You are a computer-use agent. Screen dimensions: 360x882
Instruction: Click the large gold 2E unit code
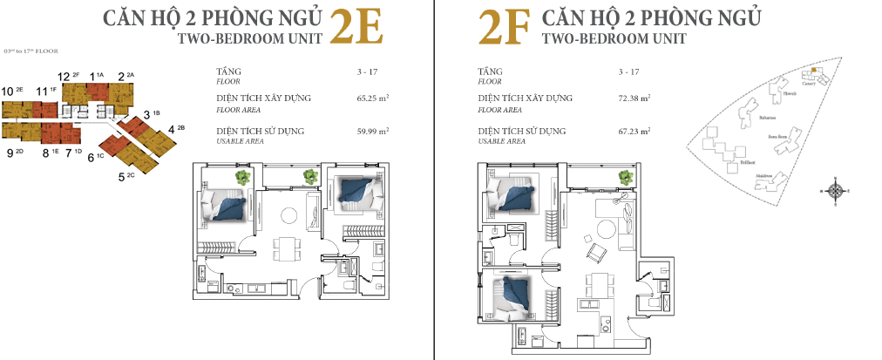357,28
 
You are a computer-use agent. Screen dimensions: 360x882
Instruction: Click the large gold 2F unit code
505,28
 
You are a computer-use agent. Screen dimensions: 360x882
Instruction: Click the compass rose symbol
836,191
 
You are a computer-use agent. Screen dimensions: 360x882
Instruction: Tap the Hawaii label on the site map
790,92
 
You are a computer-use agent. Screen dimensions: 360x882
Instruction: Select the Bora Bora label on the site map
777,137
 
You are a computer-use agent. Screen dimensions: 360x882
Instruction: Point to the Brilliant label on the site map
747,162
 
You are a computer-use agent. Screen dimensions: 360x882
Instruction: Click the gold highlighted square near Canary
815,70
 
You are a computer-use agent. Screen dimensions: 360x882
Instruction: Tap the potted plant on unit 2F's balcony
625,177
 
